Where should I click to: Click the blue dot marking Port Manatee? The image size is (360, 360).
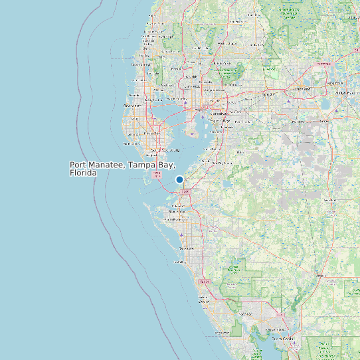coord(179,179)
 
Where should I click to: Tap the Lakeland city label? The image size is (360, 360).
coord(303,89)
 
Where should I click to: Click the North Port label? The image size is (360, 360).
coord(246,314)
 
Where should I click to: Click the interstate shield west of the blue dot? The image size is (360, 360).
coord(157,175)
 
